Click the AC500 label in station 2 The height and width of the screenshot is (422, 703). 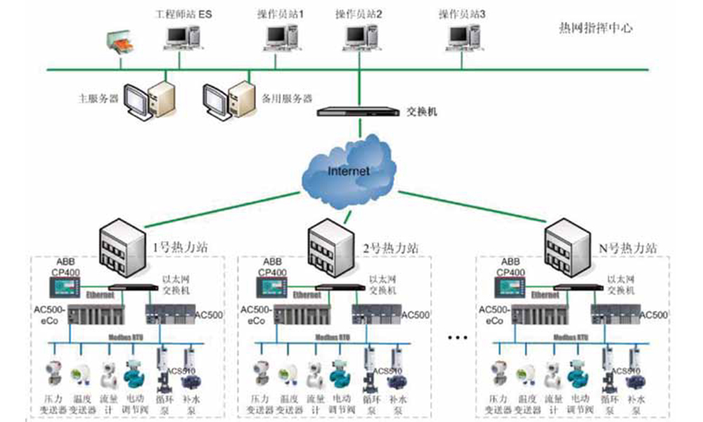(415, 314)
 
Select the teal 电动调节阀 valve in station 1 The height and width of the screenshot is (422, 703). (133, 373)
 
